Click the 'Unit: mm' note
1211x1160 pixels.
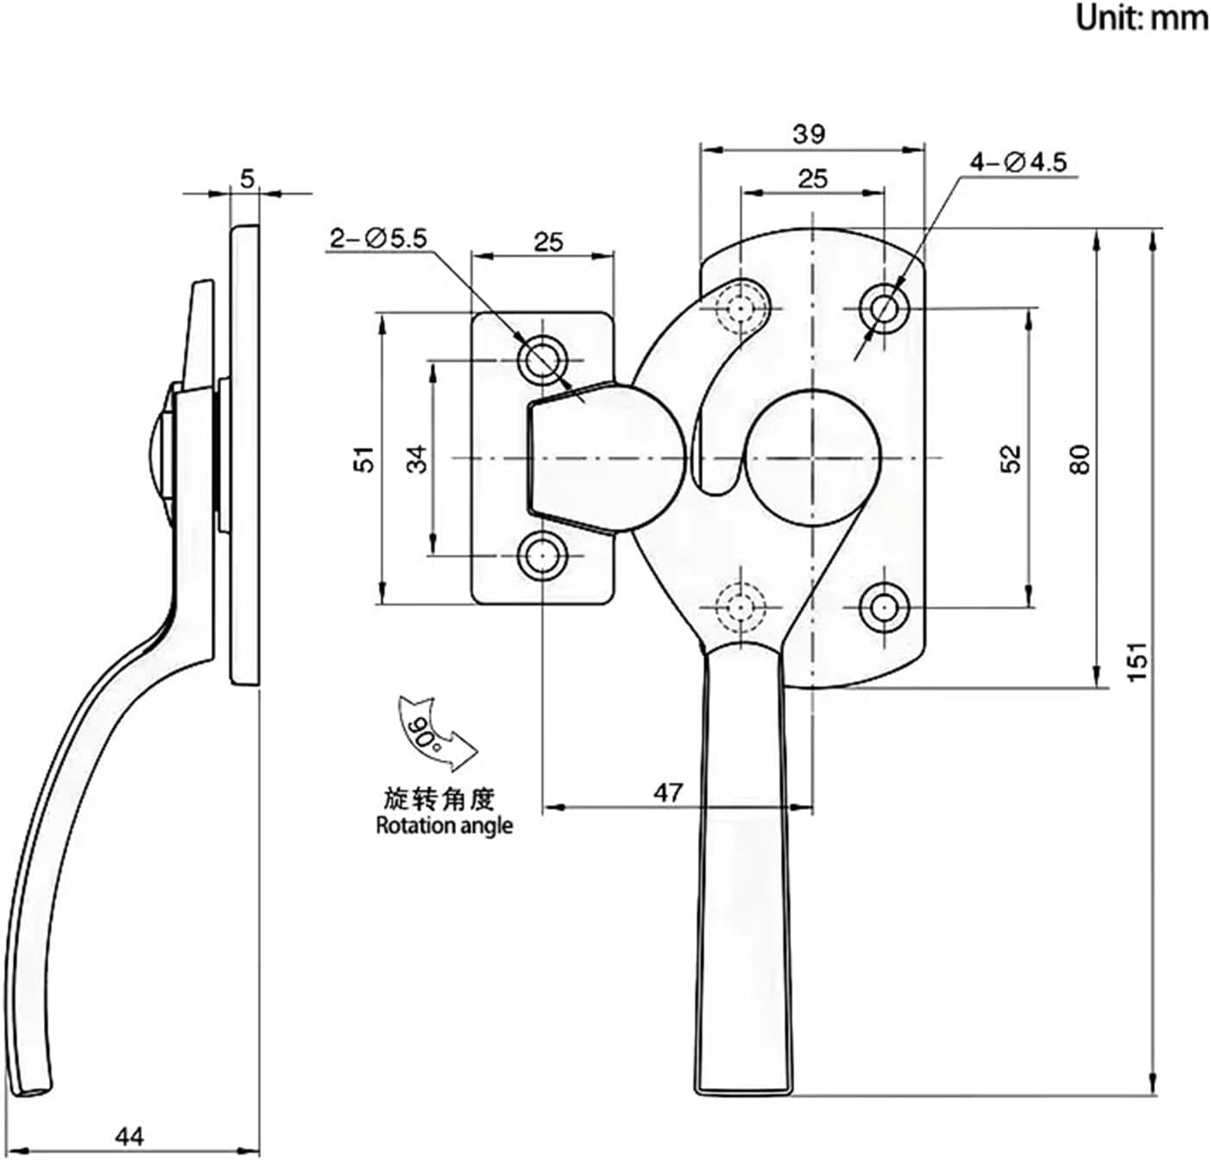[1140, 18]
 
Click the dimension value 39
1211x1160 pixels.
[809, 134]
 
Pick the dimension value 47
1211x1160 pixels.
[667, 791]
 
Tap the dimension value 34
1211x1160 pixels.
[417, 457]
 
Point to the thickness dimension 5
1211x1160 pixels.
[248, 179]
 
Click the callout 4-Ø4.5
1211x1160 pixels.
[1019, 161]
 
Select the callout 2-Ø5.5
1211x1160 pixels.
[377, 238]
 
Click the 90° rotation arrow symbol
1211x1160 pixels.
[428, 730]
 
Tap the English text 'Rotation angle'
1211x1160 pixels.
[445, 826]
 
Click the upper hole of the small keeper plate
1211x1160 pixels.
[542, 359]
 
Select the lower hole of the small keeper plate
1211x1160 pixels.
[542, 557]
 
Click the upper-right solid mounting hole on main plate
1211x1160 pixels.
[883, 307]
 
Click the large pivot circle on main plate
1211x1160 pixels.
[812, 457]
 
